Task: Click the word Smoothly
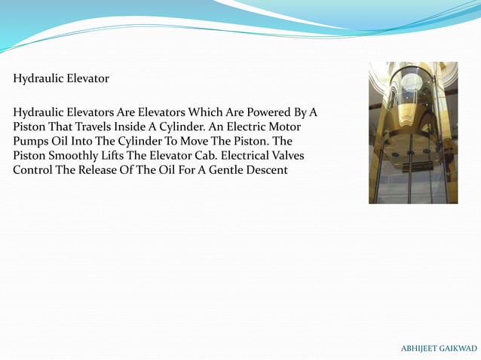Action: coord(70,156)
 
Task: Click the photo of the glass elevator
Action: coord(412,133)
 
